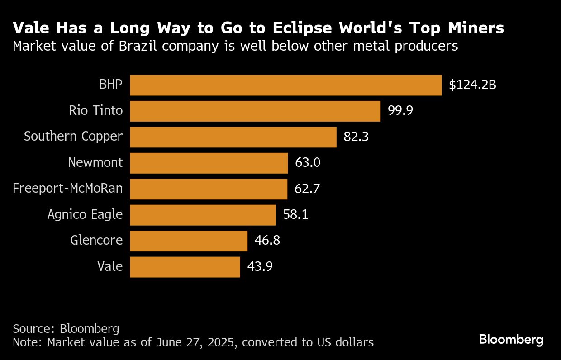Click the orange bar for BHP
pos(285,85)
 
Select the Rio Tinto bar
pos(255,111)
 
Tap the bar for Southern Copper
pos(233,137)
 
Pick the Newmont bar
pos(209,163)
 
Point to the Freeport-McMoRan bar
pos(209,189)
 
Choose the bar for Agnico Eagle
pos(203,215)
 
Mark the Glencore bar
pos(189,241)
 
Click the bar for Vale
pos(185,267)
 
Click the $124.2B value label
pos(472,85)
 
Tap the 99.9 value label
pos(400,111)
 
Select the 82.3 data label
pos(356,137)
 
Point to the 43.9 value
pos(260,267)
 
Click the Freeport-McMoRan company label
pos(68,189)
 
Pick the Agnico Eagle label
pos(85,214)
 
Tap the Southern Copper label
pos(73,137)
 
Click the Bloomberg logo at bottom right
pos(511,340)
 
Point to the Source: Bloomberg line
pos(66,328)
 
